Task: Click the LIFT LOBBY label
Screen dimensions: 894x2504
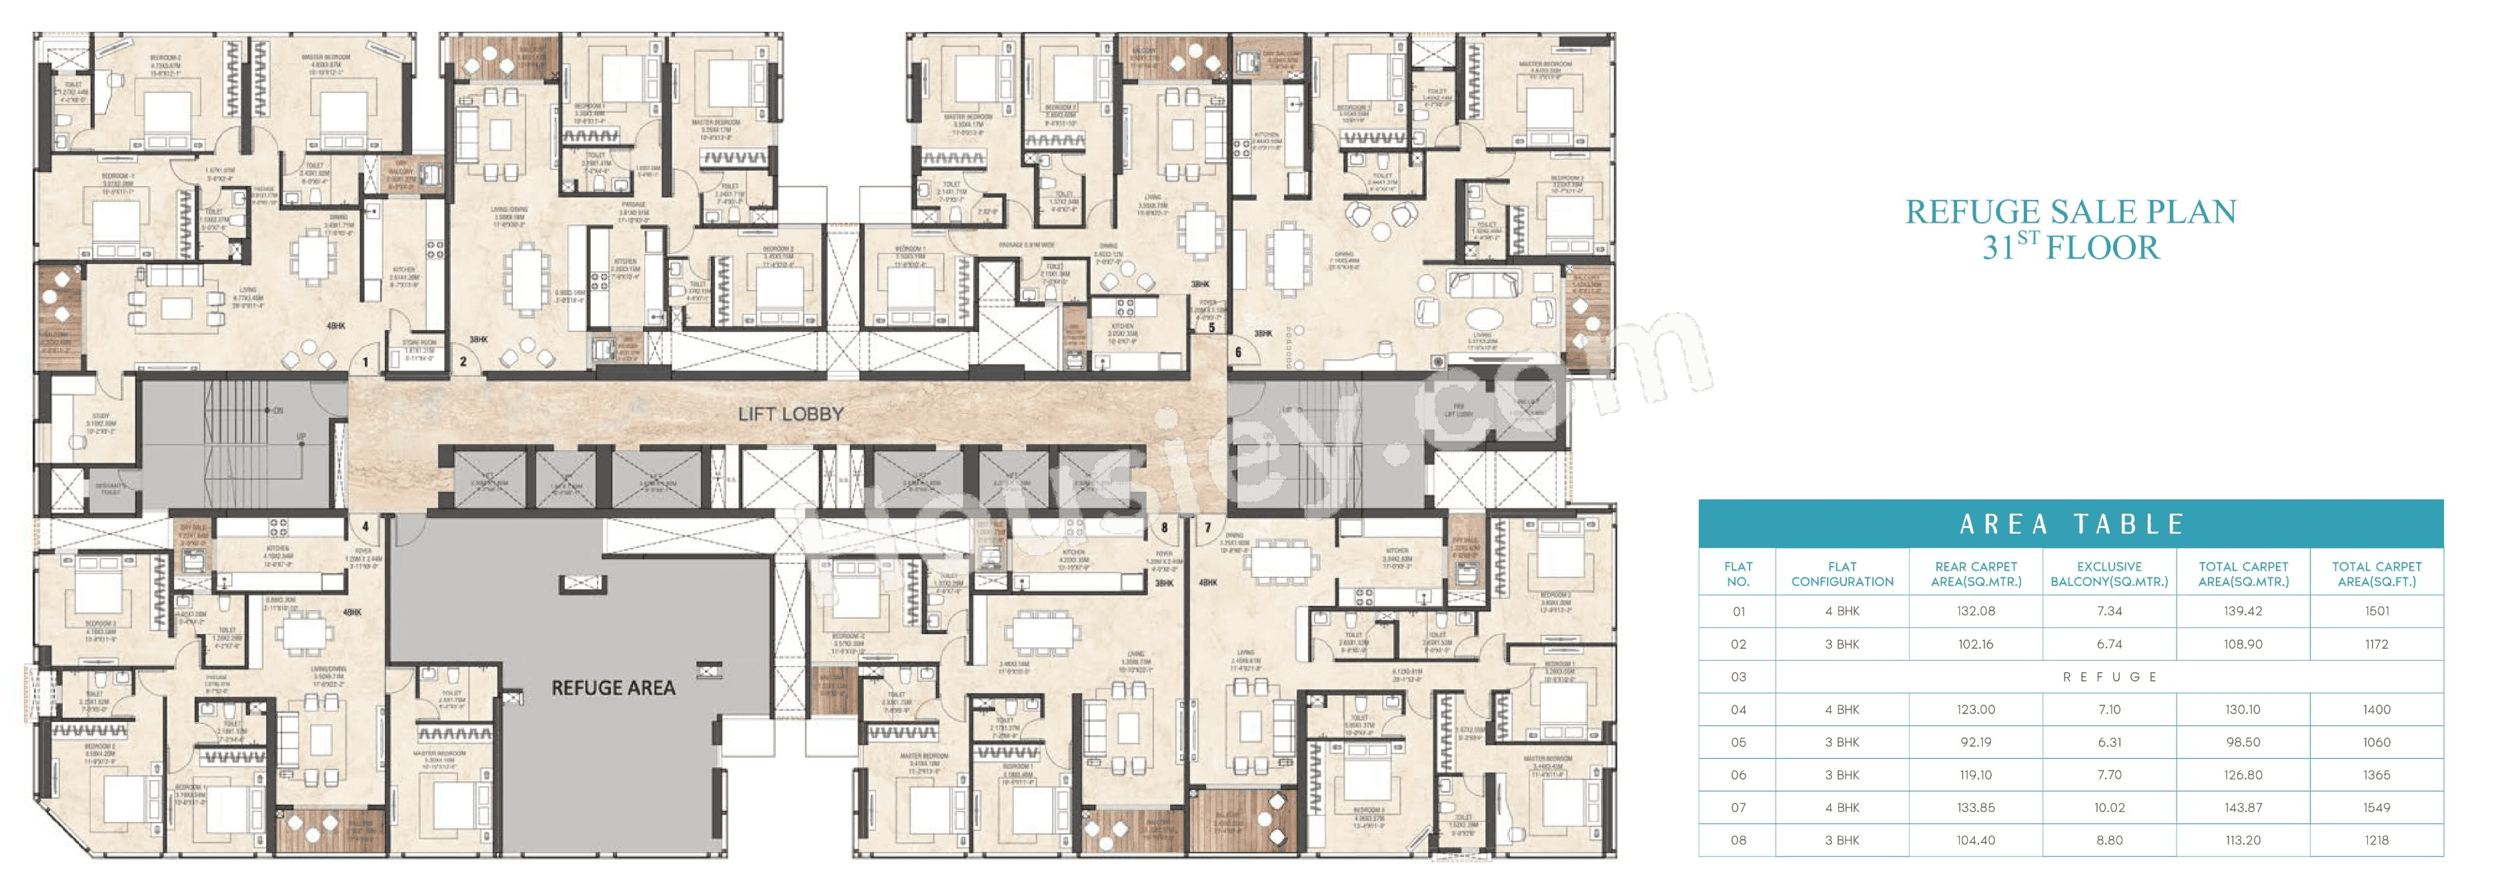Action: [x=790, y=414]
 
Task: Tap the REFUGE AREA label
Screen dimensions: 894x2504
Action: [x=612, y=688]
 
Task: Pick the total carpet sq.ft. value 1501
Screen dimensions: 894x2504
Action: [x=2377, y=611]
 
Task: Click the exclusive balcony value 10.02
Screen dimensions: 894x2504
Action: [x=2109, y=807]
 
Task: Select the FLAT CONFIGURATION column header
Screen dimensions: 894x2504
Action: [x=1842, y=574]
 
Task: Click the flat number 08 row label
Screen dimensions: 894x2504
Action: [x=1738, y=841]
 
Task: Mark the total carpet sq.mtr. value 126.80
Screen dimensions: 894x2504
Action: [x=2243, y=775]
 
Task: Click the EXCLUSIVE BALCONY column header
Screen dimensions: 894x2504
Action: [x=2109, y=574]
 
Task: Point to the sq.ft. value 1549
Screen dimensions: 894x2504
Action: [x=2377, y=807]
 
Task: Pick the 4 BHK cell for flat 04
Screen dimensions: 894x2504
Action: [x=1842, y=709]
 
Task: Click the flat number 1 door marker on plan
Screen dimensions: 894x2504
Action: [x=366, y=363]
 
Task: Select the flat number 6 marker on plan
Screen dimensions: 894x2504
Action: [x=1239, y=353]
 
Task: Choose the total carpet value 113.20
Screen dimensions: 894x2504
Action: [x=2243, y=841]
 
